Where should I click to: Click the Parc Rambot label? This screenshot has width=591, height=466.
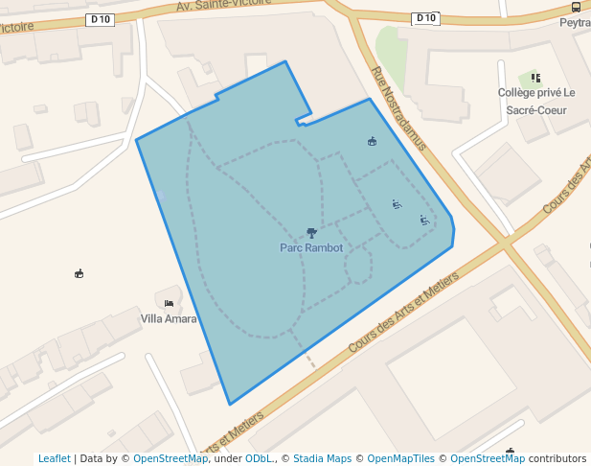coord(311,247)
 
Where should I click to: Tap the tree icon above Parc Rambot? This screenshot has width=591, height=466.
coord(311,232)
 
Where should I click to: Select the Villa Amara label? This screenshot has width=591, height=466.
coord(169,318)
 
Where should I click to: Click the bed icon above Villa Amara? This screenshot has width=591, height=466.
coord(169,303)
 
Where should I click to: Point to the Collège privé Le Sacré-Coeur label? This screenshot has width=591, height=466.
coord(536,101)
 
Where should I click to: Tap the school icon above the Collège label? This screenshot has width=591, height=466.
coord(535,78)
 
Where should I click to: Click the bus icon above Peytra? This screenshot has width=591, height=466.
coord(576,7)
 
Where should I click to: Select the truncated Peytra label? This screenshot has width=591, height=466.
coord(575,22)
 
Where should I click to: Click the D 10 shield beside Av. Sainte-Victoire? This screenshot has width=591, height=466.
coord(100,19)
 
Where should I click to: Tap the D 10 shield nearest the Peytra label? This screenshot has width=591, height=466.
coord(425,18)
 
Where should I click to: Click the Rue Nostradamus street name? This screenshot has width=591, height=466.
coord(398,108)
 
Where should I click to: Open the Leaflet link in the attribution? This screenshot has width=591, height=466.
coord(54,458)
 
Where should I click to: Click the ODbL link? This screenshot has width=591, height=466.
coord(259,458)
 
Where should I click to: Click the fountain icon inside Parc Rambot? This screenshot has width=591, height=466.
coord(372,142)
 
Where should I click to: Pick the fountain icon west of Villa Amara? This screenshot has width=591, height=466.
coord(79,273)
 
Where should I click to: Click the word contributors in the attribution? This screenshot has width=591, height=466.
coord(557,458)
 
